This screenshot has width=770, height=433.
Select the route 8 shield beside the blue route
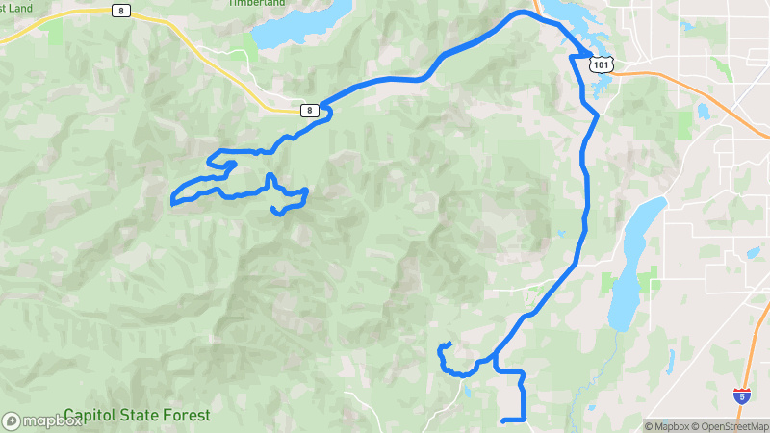click(308, 110)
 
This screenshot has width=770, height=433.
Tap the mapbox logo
click(41, 420)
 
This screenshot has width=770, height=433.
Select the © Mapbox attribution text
click(663, 426)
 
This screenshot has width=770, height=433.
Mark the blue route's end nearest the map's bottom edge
click(504, 420)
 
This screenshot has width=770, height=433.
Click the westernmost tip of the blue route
click(172, 203)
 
